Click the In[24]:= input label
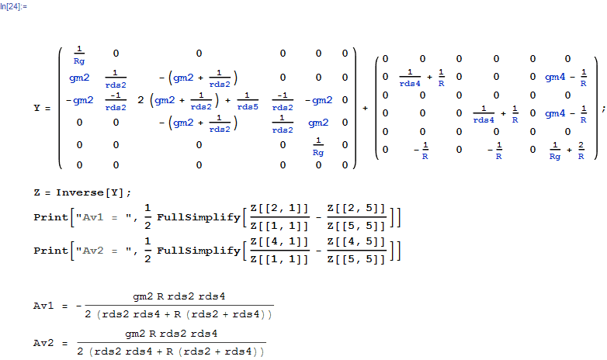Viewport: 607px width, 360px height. [x=13, y=6]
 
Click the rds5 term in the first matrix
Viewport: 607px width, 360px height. [x=248, y=106]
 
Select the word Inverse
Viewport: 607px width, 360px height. [x=80, y=192]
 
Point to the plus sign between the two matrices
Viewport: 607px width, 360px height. [x=365, y=109]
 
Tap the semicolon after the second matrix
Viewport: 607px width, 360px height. [x=604, y=109]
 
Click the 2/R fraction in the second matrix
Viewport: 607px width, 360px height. [x=581, y=151]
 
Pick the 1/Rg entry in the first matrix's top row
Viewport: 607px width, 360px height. [x=79, y=55]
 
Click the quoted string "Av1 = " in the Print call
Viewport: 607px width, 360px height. [x=104, y=217]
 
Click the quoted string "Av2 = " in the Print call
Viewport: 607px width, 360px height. [x=104, y=251]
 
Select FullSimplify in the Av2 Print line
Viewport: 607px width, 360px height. [x=199, y=251]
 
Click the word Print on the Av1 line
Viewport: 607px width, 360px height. [x=50, y=217]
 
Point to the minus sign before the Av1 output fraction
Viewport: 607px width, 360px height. [x=79, y=306]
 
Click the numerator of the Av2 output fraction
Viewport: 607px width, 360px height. [x=171, y=334]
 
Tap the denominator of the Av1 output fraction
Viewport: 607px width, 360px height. [x=179, y=314]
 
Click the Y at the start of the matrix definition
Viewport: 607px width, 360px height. [x=36, y=108]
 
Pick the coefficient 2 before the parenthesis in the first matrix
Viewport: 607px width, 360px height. [x=140, y=100]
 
